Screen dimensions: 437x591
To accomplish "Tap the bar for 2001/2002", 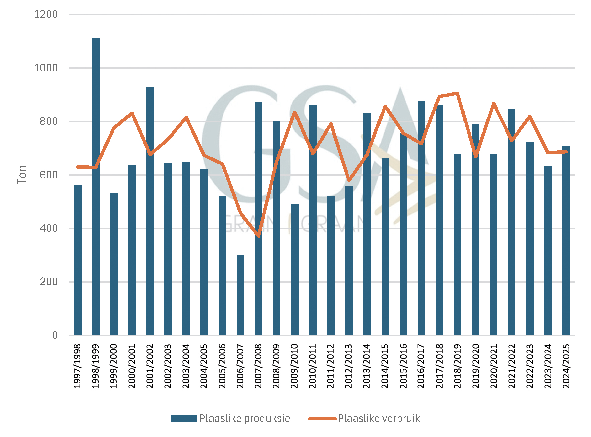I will (150, 211).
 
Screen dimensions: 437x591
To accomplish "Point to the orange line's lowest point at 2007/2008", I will (259, 236).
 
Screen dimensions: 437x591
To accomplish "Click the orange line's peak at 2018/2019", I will (457, 93).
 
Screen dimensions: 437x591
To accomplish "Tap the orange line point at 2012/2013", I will (349, 180).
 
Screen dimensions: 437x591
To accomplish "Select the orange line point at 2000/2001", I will (132, 113).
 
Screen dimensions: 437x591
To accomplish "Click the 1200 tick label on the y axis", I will (46, 14).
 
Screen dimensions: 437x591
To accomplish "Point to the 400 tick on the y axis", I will (49, 228).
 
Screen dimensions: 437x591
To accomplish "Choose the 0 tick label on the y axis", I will (55, 335).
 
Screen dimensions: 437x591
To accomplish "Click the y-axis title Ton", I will (22, 175).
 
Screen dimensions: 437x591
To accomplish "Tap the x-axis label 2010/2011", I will (313, 366).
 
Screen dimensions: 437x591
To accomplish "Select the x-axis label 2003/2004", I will (186, 366).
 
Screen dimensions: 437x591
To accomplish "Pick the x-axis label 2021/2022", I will (512, 366).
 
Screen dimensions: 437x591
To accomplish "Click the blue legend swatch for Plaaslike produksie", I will (184, 419).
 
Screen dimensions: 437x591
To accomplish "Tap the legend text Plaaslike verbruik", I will (379, 419).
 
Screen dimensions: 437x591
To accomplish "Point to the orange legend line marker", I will (322, 419).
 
